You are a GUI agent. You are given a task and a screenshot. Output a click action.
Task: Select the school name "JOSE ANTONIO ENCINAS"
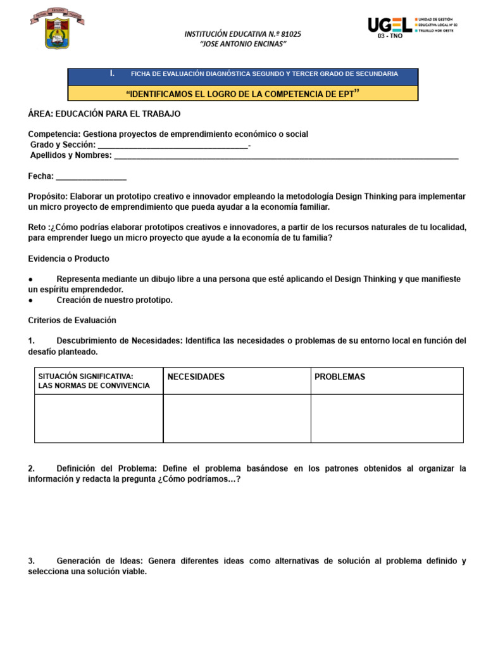click(243, 44)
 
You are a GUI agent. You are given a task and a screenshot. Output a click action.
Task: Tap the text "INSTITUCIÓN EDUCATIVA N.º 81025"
click(242, 33)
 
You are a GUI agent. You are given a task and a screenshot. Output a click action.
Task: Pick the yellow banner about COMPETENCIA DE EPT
click(243, 93)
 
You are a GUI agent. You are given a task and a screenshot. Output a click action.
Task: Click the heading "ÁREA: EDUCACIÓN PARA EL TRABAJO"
click(104, 114)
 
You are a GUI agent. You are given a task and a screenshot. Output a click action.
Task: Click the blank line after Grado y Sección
click(173, 145)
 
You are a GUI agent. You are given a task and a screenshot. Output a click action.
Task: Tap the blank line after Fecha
click(91, 177)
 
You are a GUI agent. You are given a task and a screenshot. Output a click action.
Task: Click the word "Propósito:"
click(48, 196)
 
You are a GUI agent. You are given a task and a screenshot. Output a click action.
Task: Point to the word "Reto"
click(37, 228)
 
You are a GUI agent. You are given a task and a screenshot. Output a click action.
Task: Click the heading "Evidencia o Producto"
click(69, 259)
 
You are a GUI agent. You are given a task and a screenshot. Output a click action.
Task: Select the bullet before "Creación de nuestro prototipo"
click(31, 300)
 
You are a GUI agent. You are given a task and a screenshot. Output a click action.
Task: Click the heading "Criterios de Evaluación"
click(72, 321)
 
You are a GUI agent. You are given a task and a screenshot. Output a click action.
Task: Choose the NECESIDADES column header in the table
click(196, 377)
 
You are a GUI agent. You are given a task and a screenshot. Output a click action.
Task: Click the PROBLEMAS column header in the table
click(340, 377)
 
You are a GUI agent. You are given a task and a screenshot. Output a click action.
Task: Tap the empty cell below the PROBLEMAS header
click(387, 418)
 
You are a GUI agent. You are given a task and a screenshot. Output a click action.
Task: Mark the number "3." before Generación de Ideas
click(32, 561)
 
